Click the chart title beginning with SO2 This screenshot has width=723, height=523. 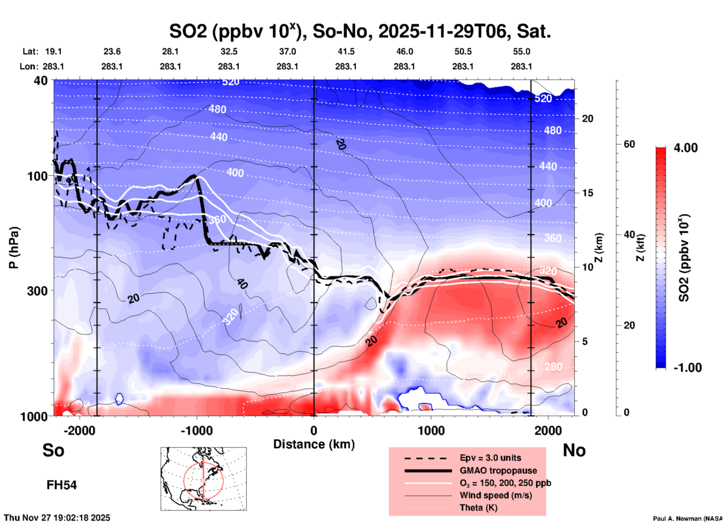360,32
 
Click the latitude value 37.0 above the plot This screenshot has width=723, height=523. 287,51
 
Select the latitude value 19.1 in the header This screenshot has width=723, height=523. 53,51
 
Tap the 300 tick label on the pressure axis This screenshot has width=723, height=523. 38,291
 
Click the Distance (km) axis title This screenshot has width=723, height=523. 314,444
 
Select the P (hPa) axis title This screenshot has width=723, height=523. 14,248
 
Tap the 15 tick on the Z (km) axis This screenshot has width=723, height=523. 587,193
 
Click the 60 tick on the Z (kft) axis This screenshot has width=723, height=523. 629,144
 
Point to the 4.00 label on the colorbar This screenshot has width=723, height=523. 685,148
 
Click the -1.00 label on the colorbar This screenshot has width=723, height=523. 687,368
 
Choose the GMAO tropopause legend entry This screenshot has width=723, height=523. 498,470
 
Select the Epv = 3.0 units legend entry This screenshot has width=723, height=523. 490,458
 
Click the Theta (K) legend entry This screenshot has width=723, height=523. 478,508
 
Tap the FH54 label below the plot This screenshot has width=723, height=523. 62,485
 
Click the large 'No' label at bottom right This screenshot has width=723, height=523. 574,450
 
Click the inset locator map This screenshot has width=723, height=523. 203,478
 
